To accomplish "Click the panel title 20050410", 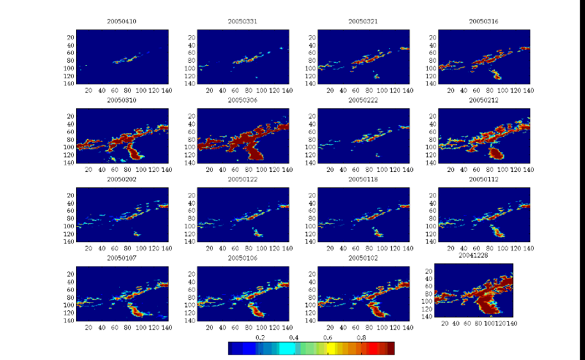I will [x=122, y=22].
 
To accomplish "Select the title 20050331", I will [x=243, y=22].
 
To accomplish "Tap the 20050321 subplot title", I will [x=363, y=22].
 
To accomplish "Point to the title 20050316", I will [x=484, y=22].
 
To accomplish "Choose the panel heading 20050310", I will [x=122, y=100].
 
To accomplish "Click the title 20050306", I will [x=243, y=100].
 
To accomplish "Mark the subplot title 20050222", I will [x=363, y=100].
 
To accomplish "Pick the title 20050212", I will [x=484, y=100].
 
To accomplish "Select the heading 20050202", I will [x=122, y=179].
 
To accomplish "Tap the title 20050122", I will [x=243, y=179].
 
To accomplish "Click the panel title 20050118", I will [x=363, y=179].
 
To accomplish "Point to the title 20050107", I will [x=122, y=258].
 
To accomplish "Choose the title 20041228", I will [x=473, y=256].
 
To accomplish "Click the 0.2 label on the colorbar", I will [x=260, y=338].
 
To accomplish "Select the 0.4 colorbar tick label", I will [x=293, y=338].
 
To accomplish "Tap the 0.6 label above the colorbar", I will [x=328, y=338].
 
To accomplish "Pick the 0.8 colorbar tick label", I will [x=361, y=338].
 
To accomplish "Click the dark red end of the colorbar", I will [x=391, y=348].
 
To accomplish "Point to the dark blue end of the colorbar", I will [x=232, y=348].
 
